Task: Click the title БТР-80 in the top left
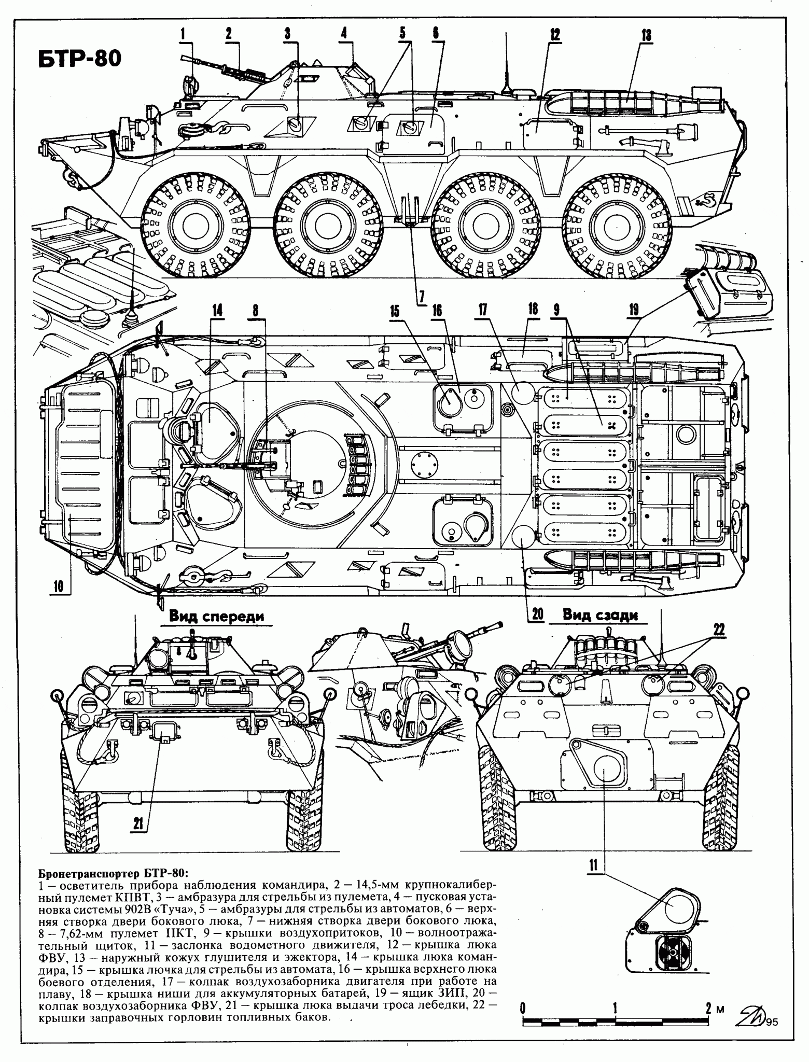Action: coord(79,59)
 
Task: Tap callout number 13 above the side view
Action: coord(646,35)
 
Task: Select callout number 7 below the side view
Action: coord(421,297)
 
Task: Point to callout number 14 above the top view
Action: coord(217,310)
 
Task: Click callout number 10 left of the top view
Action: coord(58,586)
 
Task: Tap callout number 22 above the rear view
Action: coord(719,630)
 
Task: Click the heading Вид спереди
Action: coord(216,617)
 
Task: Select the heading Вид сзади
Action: coord(600,616)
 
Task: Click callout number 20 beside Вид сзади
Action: coord(537,614)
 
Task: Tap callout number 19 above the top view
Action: coord(634,310)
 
